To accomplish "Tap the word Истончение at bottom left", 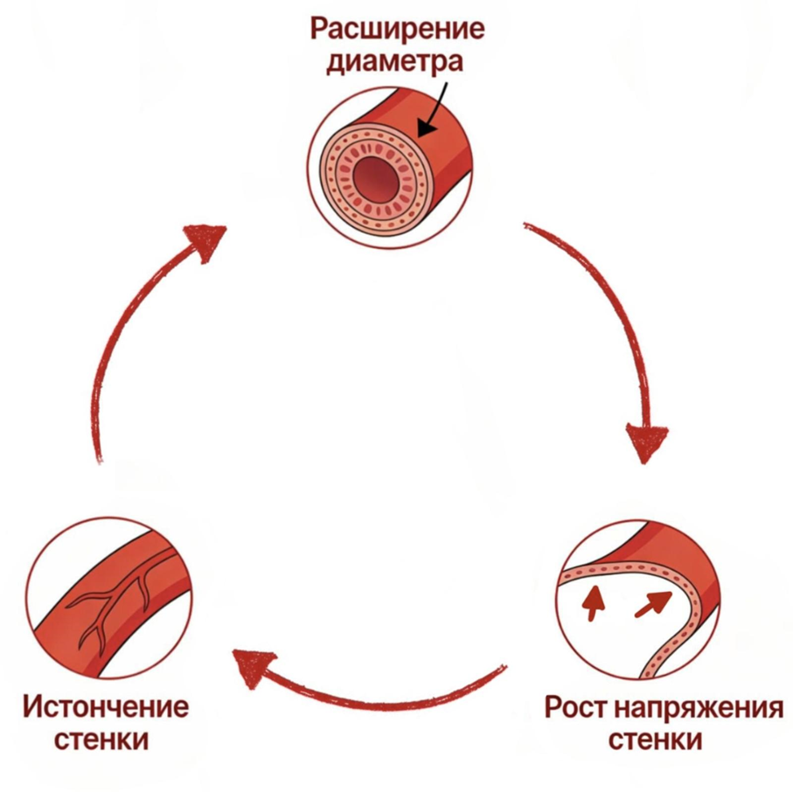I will (106, 705).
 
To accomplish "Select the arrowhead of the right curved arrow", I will (648, 441).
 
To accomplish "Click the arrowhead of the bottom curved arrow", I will (250, 668).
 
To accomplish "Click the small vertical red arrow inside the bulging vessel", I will (594, 602).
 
